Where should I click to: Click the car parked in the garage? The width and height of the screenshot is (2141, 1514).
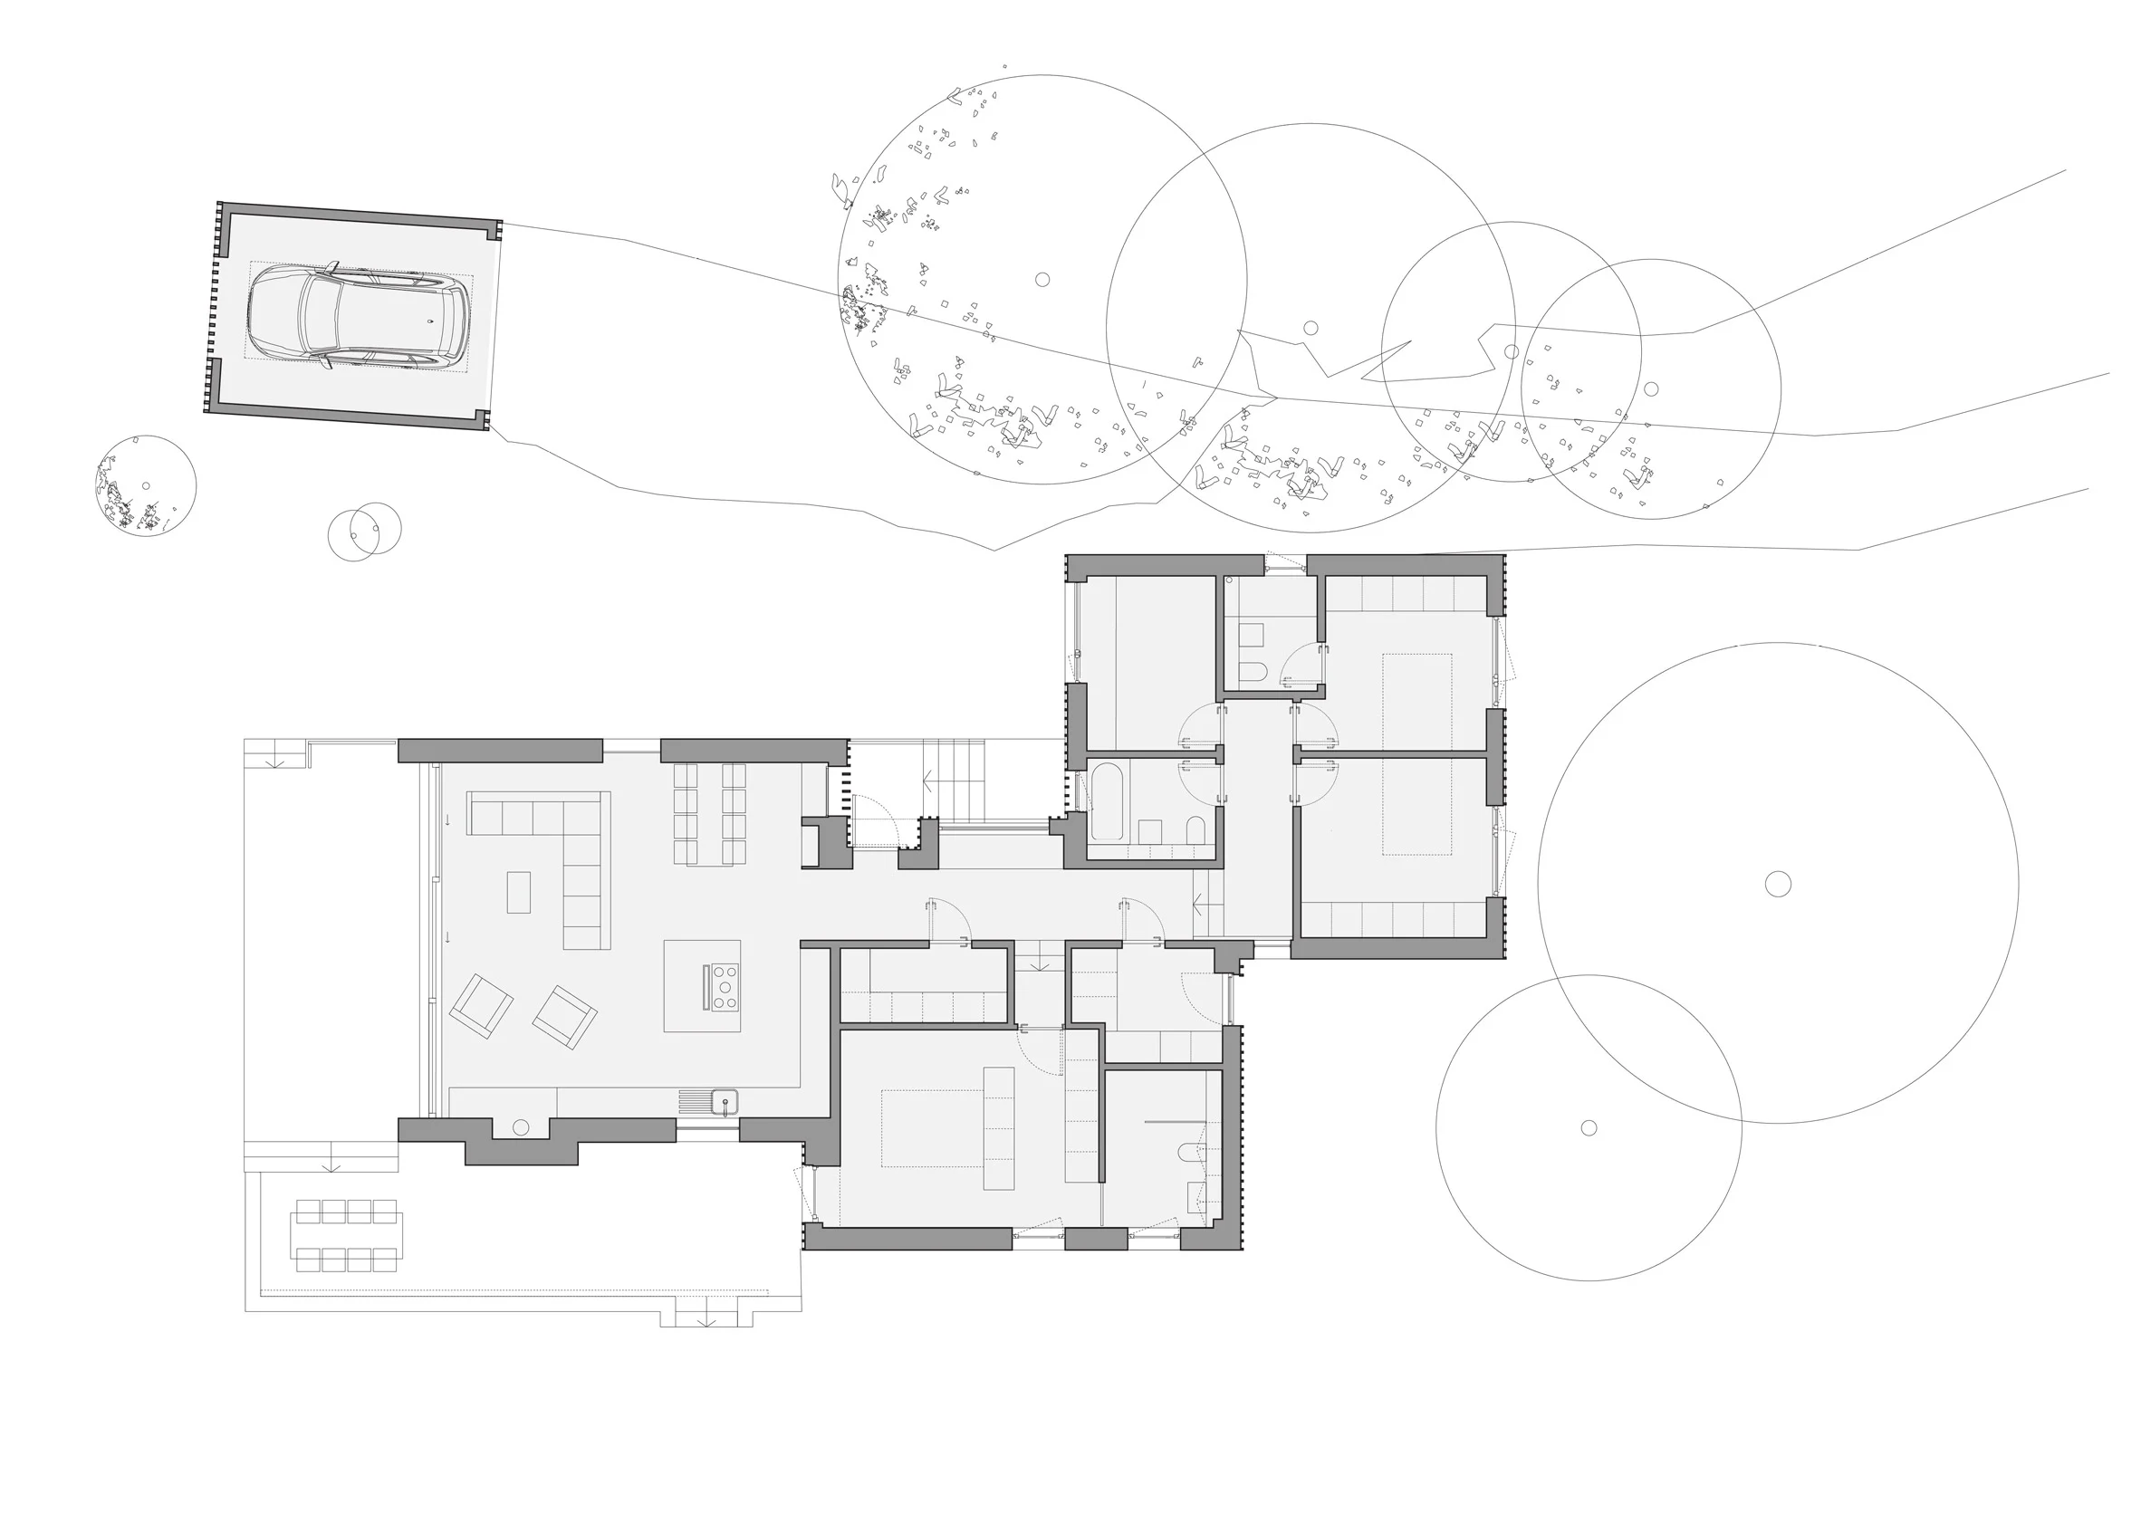358,318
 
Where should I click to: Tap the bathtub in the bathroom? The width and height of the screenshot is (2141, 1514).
1107,801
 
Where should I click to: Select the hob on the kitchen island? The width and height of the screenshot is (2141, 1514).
725,986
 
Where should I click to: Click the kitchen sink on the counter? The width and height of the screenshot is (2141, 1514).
725,1103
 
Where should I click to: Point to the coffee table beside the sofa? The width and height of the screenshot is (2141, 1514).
518,892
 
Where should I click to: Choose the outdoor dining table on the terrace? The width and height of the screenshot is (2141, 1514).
347,1236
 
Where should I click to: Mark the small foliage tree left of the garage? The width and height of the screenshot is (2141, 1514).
146,485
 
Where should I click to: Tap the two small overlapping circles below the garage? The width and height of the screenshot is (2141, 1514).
365,532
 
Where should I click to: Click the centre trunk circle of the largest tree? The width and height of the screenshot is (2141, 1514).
1778,884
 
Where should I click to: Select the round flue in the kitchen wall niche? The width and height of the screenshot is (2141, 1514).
521,1128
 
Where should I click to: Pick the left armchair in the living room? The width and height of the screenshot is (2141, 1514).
481,1006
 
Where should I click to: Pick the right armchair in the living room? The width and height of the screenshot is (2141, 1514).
564,1017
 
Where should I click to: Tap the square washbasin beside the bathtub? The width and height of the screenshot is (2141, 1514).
1150,830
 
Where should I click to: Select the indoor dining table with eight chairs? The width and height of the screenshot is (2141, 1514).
710,814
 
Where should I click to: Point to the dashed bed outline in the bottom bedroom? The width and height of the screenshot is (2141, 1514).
933,1128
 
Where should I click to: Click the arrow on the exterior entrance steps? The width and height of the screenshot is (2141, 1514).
927,781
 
